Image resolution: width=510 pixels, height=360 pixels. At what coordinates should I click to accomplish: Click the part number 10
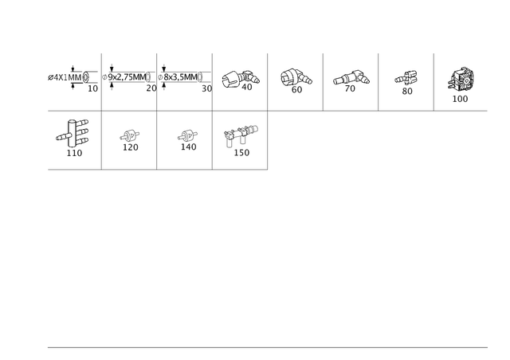click(92, 88)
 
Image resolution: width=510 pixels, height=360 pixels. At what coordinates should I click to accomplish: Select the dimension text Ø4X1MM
click(65, 78)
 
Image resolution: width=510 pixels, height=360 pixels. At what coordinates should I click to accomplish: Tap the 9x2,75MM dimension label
click(127, 77)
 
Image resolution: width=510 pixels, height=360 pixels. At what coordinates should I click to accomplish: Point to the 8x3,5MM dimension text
click(181, 77)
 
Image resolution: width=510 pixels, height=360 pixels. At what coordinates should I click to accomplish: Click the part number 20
click(151, 88)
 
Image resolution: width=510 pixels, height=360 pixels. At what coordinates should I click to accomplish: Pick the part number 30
click(207, 88)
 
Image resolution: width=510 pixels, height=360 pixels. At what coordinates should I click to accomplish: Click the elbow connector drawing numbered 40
click(241, 78)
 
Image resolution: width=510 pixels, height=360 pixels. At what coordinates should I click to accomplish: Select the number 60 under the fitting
click(296, 89)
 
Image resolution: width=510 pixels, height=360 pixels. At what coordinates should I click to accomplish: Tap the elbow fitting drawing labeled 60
click(296, 77)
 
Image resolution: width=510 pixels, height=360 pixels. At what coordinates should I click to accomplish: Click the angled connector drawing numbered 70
click(351, 78)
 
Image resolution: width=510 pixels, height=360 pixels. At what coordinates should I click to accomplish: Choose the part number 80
click(407, 91)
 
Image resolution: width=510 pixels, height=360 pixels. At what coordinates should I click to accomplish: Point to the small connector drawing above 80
click(406, 78)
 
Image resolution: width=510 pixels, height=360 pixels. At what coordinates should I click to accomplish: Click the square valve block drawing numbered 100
click(461, 80)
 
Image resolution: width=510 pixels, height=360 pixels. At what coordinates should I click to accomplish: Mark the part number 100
click(460, 99)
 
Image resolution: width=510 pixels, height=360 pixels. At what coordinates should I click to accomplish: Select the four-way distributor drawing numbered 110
click(73, 133)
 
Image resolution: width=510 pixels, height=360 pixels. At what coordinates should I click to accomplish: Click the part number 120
click(131, 147)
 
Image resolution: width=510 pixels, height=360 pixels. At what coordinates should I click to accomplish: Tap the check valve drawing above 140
click(188, 135)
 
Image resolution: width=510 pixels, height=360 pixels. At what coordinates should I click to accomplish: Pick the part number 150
click(241, 152)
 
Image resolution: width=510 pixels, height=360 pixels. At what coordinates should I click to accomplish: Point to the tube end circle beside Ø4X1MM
click(85, 77)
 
